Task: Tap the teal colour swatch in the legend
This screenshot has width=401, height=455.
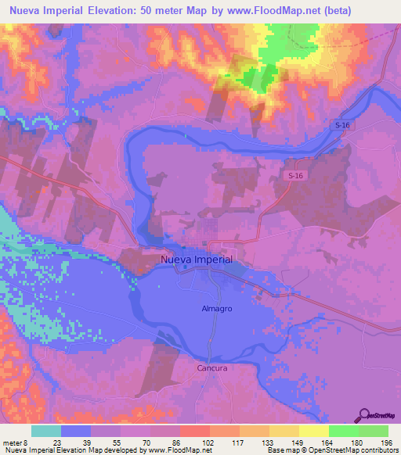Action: pos(46,431)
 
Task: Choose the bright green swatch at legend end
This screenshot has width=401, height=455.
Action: pos(374,431)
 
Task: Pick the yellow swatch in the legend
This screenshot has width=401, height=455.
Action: pos(314,431)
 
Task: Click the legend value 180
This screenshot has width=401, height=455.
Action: pos(358,442)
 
